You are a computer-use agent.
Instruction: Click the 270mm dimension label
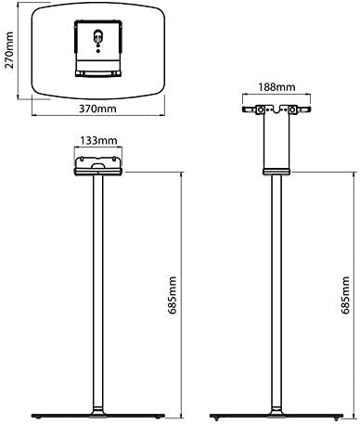point(9,50)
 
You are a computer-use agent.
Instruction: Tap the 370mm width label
point(97,109)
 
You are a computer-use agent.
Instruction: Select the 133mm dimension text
point(98,141)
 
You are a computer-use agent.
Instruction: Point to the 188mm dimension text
point(276,87)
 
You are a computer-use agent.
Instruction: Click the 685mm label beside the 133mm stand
point(173,295)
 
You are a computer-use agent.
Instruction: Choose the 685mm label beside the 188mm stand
point(345,295)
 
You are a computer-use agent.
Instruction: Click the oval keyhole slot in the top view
point(98,37)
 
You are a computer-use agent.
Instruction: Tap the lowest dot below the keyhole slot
point(98,51)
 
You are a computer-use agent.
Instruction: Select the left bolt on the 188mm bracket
point(261,109)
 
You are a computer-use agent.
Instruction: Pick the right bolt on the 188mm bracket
point(291,109)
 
